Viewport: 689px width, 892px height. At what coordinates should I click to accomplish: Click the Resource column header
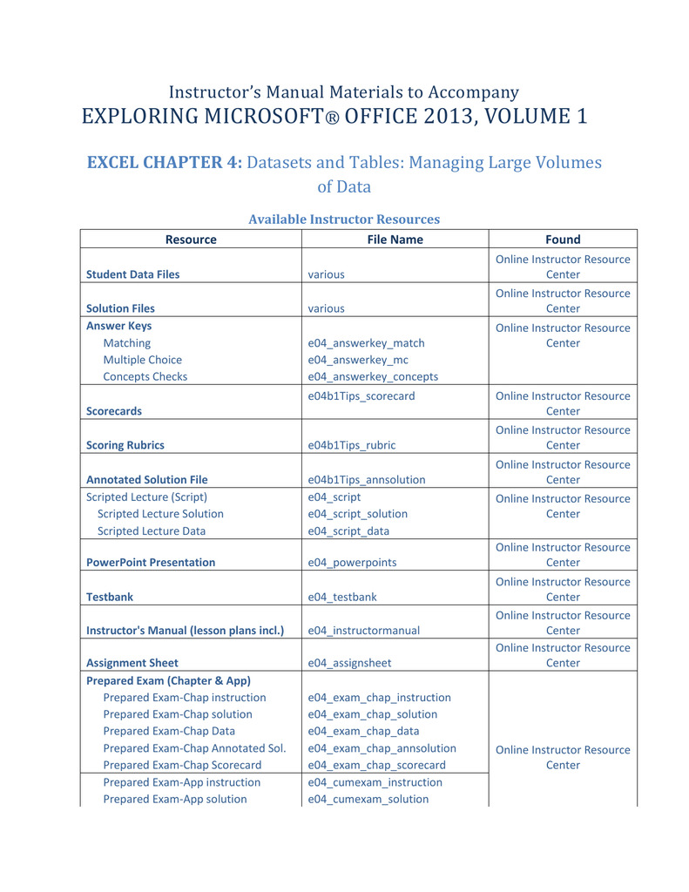[x=191, y=240]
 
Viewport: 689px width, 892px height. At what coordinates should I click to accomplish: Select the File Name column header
[x=395, y=240]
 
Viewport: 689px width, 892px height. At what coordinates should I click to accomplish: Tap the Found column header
[x=563, y=240]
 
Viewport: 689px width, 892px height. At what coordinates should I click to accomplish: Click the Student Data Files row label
[x=133, y=274]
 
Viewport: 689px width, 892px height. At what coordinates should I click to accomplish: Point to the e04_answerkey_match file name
[x=366, y=343]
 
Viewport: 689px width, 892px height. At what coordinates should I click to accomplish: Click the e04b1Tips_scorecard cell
[x=361, y=396]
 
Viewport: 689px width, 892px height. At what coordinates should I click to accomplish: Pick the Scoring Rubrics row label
[x=125, y=445]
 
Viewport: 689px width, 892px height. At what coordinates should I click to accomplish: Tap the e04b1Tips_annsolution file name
[x=367, y=479]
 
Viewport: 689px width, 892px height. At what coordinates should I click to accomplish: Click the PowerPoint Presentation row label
[x=151, y=563]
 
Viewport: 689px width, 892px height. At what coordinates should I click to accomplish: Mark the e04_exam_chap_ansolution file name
[x=382, y=748]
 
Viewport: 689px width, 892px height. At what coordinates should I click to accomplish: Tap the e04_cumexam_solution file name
[x=368, y=799]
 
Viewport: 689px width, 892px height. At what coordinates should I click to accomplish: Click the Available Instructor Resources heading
[x=344, y=220]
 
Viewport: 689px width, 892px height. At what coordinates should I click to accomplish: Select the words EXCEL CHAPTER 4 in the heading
[x=165, y=163]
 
